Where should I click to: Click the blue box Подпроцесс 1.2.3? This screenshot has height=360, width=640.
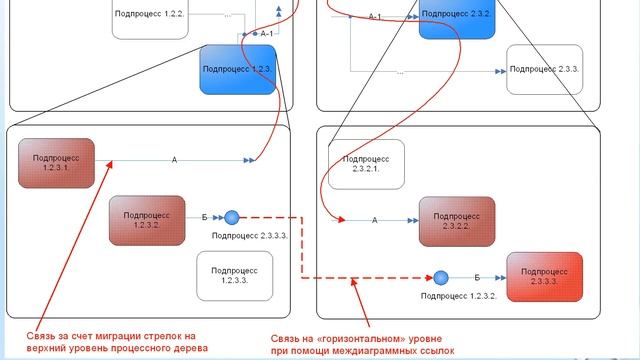tap(237, 70)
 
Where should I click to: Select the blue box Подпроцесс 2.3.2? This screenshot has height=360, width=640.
tap(457, 18)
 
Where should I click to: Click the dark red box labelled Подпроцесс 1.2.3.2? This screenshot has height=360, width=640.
tap(147, 217)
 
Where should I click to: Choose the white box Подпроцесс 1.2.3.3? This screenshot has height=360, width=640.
tap(234, 274)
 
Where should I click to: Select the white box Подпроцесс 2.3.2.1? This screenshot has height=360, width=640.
tap(367, 164)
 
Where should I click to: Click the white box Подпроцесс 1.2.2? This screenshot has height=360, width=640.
tap(150, 16)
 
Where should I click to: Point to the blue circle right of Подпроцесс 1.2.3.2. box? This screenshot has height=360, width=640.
tap(231, 217)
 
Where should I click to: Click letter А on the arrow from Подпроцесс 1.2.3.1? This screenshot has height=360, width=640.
tap(174, 159)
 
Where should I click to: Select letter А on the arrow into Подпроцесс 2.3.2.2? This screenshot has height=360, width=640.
tap(374, 219)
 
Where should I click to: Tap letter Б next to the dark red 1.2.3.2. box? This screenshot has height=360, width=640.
tap(205, 216)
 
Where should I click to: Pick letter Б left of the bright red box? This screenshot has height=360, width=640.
tap(476, 276)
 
